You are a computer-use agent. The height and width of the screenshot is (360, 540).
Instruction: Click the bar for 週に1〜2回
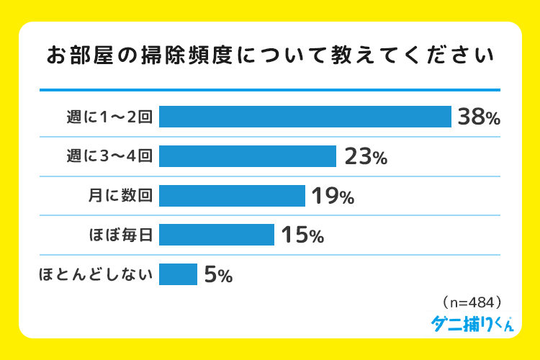coord(305,117)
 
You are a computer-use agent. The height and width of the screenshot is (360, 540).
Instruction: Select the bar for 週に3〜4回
coord(248,156)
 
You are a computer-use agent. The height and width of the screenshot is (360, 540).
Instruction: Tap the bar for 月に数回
coord(232,196)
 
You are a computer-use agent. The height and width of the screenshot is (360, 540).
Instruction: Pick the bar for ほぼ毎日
coord(217,235)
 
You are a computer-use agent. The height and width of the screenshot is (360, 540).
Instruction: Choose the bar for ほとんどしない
coord(178,274)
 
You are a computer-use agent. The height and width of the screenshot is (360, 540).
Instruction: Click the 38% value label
coord(478,117)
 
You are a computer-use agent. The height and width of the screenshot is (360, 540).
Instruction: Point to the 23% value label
coord(366,157)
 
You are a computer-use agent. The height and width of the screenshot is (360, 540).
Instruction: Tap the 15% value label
coord(302,235)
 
